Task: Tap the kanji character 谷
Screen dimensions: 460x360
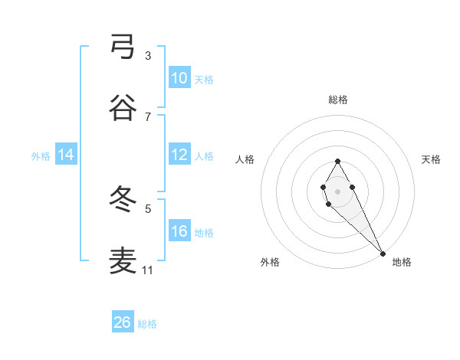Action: click(x=123, y=109)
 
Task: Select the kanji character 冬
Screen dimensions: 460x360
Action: click(x=123, y=200)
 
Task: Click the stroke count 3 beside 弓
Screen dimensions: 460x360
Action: click(x=148, y=55)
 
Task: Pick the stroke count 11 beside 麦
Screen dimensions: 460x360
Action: click(x=148, y=270)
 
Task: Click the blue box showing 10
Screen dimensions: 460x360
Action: click(x=179, y=78)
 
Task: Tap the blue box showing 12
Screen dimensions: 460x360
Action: click(x=179, y=155)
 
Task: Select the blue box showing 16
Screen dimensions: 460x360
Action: click(x=179, y=231)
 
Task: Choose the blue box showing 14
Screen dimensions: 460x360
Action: click(x=66, y=155)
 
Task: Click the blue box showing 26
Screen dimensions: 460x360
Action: click(x=122, y=322)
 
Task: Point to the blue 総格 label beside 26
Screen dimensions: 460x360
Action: click(x=147, y=324)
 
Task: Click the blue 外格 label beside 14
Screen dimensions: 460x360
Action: click(x=41, y=155)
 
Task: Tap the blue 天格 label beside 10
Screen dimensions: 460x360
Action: click(x=204, y=79)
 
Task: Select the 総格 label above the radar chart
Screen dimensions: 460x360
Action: click(x=338, y=100)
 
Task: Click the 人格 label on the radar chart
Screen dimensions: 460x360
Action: click(x=245, y=159)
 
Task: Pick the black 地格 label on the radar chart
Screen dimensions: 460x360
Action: click(x=402, y=262)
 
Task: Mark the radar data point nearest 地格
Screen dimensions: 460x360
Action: click(x=383, y=253)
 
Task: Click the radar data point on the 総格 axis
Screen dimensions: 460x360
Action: click(x=337, y=161)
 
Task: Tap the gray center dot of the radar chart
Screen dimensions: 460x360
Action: click(x=337, y=190)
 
